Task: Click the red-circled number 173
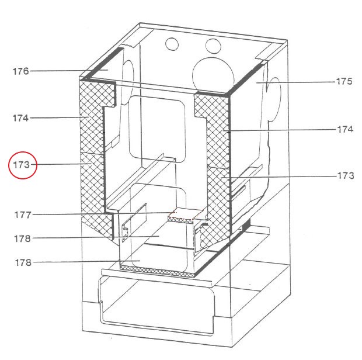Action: click(21, 165)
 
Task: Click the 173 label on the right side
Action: click(346, 175)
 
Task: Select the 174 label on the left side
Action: click(20, 118)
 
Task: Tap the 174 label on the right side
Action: click(345, 129)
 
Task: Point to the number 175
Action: click(344, 81)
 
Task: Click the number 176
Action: click(21, 71)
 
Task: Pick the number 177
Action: click(23, 215)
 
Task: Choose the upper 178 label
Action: click(22, 238)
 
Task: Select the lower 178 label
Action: click(23, 262)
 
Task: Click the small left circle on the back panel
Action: click(172, 44)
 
